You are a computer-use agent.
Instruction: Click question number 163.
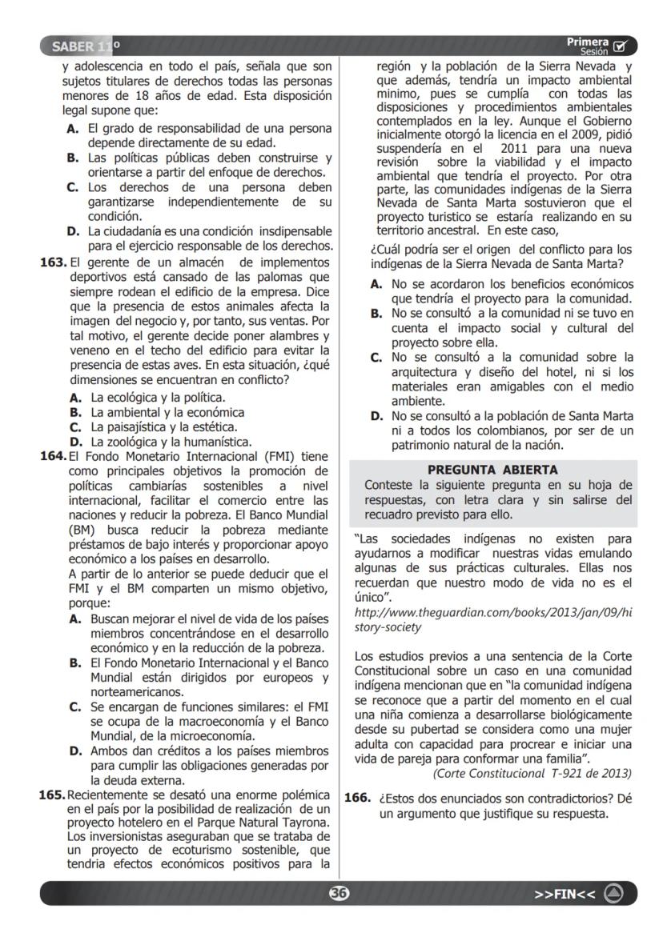pos(53,262)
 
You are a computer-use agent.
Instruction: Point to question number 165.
pos(53,795)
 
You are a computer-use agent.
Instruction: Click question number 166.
pos(357,798)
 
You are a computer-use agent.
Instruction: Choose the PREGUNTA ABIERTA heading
pos(492,470)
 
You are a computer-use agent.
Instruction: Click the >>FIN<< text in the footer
pos(565,894)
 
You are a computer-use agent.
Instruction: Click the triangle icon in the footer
pos(614,893)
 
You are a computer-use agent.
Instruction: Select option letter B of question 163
pos(76,412)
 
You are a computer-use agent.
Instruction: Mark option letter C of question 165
pos(376,357)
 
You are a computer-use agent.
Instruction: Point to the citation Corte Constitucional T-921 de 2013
pos(532,773)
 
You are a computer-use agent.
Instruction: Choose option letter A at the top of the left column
pos(73,128)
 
